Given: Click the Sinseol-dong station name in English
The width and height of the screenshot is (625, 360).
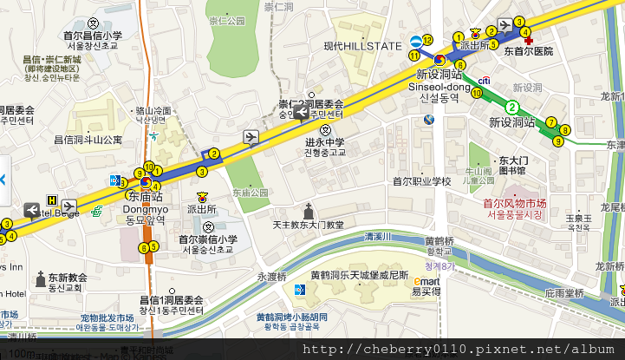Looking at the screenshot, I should coord(444,87).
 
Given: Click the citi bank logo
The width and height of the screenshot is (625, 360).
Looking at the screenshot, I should coord(485,81).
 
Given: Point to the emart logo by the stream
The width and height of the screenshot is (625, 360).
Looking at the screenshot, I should coord(426,282).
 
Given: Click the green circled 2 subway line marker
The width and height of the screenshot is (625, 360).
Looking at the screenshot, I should coord(512,108).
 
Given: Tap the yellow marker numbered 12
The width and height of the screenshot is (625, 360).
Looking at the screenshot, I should coord(426,42).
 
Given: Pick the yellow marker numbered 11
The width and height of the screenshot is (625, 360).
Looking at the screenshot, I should coord(414,56).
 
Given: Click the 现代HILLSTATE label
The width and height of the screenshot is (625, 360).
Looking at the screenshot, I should coord(362,46).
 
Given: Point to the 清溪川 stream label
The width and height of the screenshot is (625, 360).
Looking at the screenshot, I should coord(378,236).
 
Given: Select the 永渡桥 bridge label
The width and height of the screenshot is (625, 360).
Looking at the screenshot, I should coord(270,277).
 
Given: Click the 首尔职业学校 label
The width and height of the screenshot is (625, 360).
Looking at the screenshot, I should coord(422,181).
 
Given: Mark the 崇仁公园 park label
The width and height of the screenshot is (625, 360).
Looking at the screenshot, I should coord(228,20).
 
